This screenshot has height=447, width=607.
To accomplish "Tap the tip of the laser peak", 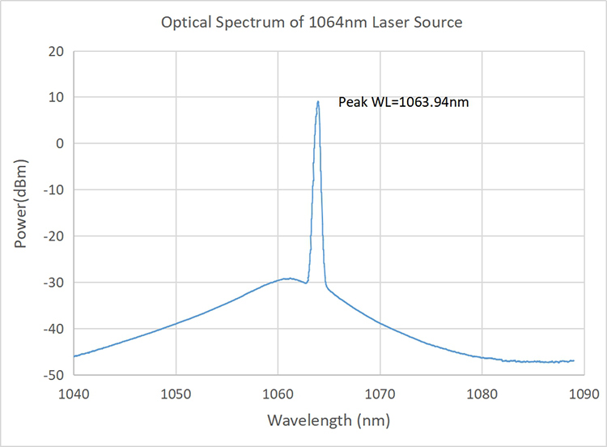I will click(318, 101).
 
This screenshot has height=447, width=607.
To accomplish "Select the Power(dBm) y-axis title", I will click(21, 212).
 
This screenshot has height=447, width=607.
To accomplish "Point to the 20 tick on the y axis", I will click(56, 51).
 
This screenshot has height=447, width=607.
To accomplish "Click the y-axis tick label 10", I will click(56, 97).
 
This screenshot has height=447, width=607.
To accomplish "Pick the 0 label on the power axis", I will click(59, 143).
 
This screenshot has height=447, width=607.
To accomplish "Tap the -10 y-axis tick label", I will click(53, 189).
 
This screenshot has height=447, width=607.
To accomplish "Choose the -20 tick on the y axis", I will click(53, 236).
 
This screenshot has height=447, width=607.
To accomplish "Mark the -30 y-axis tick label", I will click(53, 282).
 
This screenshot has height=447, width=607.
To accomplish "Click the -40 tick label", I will click(53, 329).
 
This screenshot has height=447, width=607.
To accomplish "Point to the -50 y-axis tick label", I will click(53, 375).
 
